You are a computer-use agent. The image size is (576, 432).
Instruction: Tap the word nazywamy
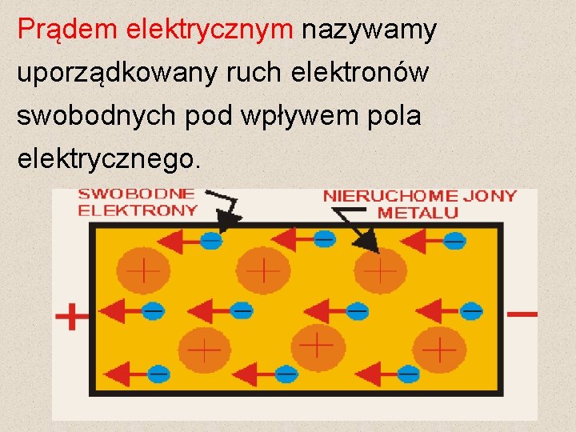[369, 30]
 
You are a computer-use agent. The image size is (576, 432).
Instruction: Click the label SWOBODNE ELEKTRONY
[137, 202]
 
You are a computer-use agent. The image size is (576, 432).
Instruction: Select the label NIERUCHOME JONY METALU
[419, 204]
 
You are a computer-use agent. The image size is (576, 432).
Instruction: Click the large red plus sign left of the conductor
[72, 316]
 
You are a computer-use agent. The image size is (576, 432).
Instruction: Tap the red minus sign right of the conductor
[522, 314]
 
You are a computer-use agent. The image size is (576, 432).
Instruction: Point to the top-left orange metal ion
[143, 270]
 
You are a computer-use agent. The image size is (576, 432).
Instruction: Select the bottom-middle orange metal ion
[318, 346]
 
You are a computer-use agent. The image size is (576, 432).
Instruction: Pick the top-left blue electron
[210, 240]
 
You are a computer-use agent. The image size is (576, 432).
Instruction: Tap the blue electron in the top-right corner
[454, 240]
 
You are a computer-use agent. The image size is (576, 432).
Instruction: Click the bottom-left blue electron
[158, 373]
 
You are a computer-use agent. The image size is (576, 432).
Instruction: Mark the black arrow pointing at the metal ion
[355, 228]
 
